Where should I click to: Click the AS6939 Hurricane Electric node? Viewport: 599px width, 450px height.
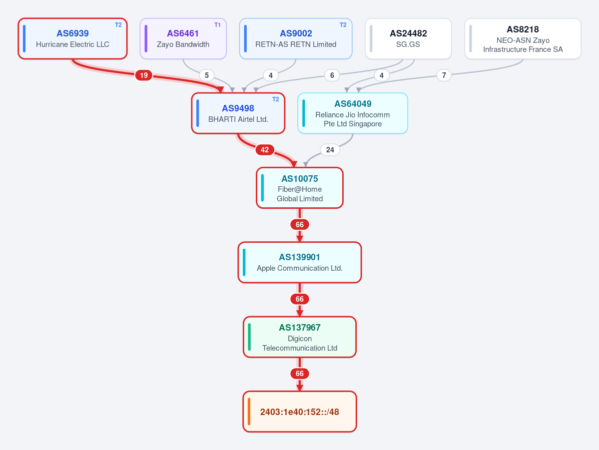(72, 38)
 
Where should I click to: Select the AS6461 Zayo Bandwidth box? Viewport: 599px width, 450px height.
(183, 38)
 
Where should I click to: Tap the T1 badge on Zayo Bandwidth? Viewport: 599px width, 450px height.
(217, 25)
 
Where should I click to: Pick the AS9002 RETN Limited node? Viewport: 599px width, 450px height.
(296, 38)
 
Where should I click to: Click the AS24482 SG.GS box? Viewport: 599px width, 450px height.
(408, 38)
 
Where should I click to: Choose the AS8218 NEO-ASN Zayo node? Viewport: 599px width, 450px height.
(523, 38)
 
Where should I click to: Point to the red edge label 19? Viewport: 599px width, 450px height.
(144, 75)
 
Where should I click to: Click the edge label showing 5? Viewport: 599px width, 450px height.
(207, 75)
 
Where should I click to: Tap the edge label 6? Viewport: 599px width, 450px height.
(332, 75)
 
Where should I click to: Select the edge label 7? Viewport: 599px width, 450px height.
(444, 75)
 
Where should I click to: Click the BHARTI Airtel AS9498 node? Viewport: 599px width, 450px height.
(238, 113)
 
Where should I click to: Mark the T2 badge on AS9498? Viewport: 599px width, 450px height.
(275, 99)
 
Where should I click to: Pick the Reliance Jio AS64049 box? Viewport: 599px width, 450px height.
(353, 113)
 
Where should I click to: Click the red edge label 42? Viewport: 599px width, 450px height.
(265, 150)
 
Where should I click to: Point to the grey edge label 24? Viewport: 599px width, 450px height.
(330, 150)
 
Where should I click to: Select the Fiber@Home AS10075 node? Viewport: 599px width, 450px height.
(300, 188)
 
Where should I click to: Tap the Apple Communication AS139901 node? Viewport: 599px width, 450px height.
(300, 262)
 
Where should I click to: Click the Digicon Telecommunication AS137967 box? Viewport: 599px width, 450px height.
(300, 337)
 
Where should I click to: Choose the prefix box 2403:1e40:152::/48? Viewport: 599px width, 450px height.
(300, 412)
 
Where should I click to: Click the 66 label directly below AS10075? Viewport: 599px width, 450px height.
(300, 225)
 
